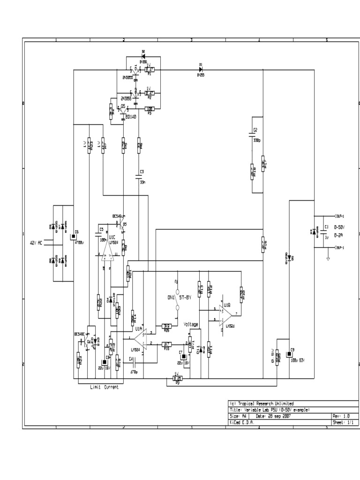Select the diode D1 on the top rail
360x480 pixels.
pyautogui.click(x=200, y=69)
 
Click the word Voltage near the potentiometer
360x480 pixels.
pyautogui.click(x=191, y=324)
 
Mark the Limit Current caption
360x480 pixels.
pyautogui.click(x=104, y=387)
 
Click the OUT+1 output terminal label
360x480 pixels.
pyautogui.click(x=339, y=216)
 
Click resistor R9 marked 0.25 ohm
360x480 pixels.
pyautogui.click(x=177, y=378)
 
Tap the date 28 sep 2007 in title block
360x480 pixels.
pyautogui.click(x=272, y=416)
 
